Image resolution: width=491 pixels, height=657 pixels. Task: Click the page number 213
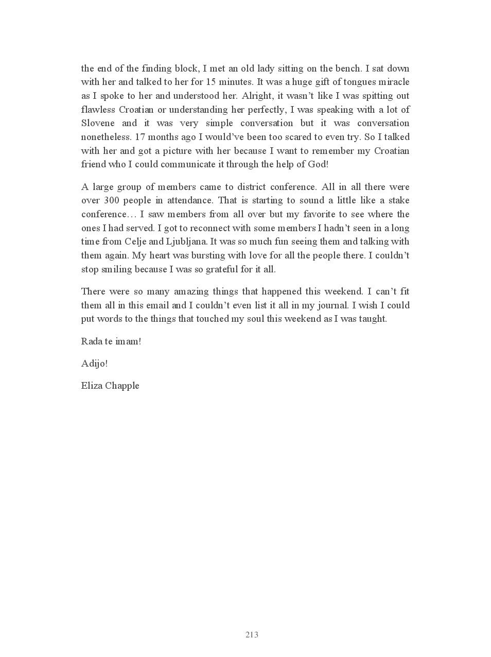(x=252, y=635)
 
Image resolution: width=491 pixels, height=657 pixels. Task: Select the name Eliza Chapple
(x=110, y=386)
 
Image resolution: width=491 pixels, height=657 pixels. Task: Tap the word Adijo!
(x=94, y=364)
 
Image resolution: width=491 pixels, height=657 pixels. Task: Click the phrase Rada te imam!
(x=111, y=341)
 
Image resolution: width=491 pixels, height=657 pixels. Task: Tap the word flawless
(x=98, y=109)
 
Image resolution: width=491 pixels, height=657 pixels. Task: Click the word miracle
(x=394, y=82)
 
